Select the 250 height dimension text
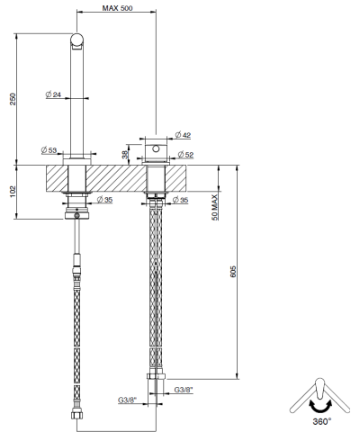(13, 98)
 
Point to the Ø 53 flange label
(49, 151)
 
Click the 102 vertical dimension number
(13, 193)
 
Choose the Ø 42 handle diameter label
(182, 134)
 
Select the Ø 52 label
(182, 155)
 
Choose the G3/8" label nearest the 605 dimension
(184, 389)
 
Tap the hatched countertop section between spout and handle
(117, 177)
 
